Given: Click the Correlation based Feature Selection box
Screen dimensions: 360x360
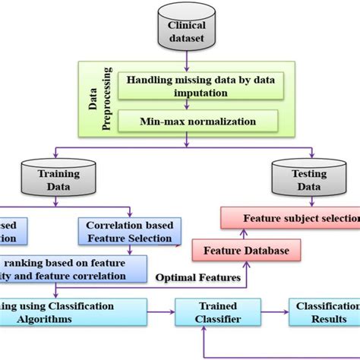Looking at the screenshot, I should [128, 232].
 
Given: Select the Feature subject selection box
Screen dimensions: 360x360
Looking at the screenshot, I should [292, 219].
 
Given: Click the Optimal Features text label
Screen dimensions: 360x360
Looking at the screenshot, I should [200, 278].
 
